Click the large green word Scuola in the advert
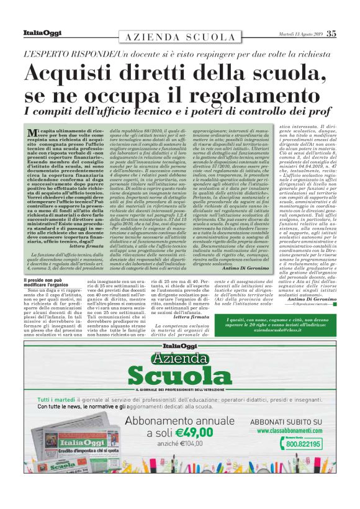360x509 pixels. [180, 374]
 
